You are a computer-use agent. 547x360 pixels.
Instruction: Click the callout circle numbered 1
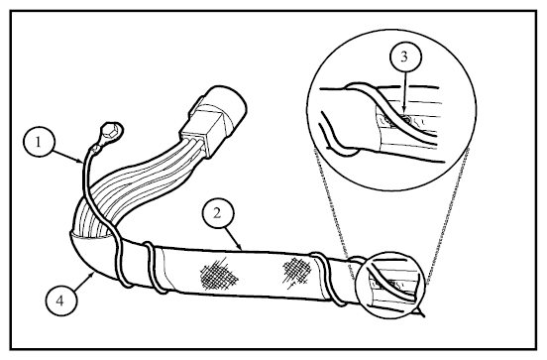coord(39,142)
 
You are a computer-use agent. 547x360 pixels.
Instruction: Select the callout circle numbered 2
coord(218,213)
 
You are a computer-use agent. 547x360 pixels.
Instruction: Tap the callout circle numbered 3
coord(405,57)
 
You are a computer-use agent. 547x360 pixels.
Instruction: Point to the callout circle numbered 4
coord(60,300)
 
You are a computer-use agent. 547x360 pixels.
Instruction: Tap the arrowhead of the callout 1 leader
coord(80,161)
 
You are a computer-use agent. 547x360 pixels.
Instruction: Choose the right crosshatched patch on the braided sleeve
coord(297,271)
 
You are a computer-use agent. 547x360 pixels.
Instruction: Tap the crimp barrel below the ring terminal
coord(94,151)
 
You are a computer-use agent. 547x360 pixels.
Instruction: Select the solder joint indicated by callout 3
coord(404,121)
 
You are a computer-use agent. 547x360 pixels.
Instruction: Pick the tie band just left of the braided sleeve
coord(154,267)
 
